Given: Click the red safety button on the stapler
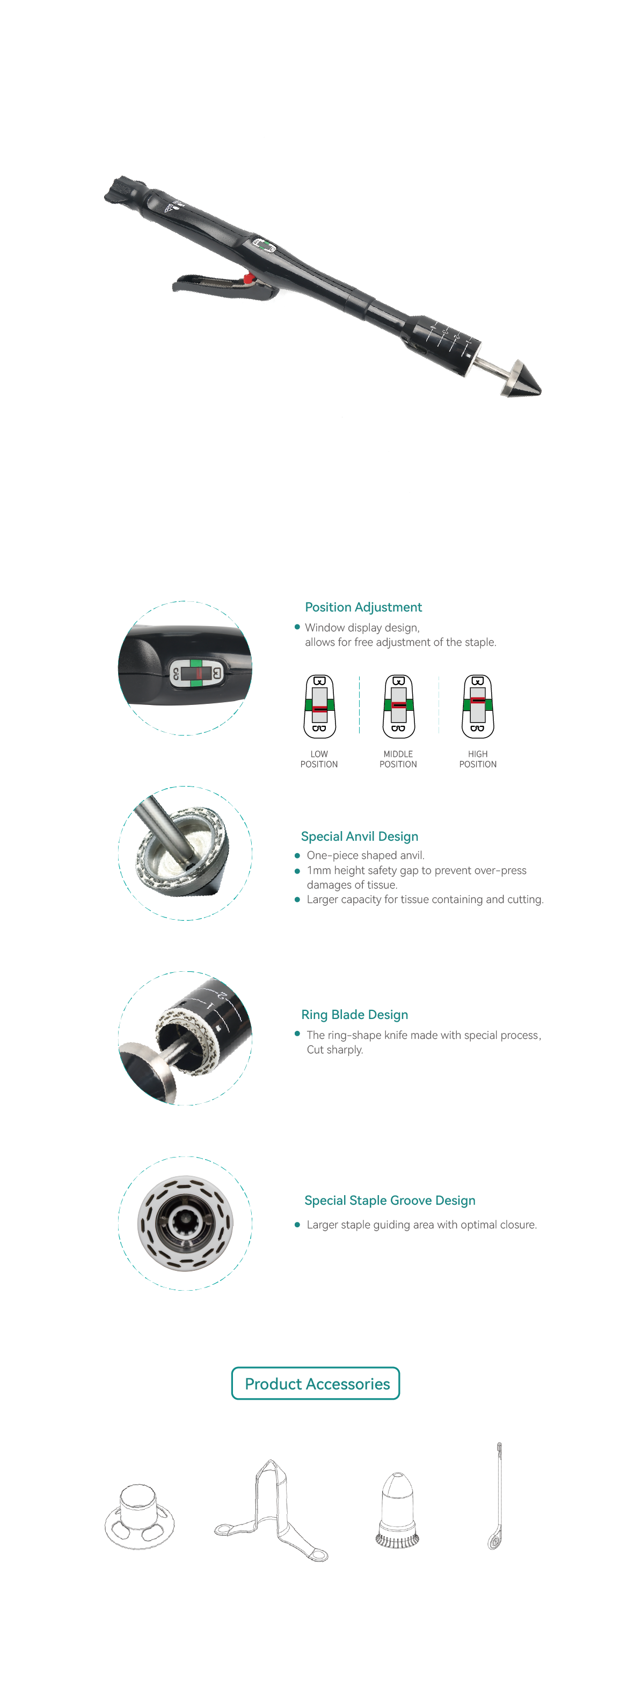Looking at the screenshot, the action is pos(249,279).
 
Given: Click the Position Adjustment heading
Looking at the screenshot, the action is pos(363,607).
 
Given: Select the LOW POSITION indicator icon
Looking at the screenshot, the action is pos(319,706).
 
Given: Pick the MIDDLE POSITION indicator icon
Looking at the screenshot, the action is pos(398,706).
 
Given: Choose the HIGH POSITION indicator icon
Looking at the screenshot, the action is pos(478,706).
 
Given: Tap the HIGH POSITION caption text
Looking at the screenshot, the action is pos(478,759).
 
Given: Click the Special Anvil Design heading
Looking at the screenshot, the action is pos(360,836).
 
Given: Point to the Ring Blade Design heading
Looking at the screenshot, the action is pos(354,1015).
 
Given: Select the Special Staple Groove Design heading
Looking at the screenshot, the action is pos(390,1200).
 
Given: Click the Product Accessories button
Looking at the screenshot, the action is pos(316,1384).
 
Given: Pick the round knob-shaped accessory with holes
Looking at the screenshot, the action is pos(140,1517).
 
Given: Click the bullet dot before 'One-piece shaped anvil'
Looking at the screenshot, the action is pos(297,855).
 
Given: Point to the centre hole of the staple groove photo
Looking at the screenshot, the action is pos(185,1223).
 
